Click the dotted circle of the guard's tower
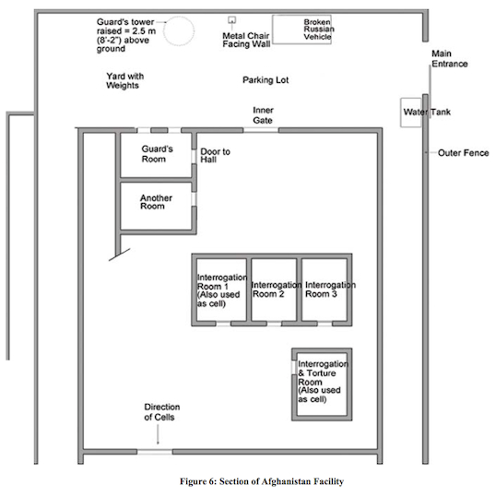[164, 31]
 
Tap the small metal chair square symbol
[232, 20]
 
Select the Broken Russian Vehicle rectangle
[273, 30]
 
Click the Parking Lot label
[266, 80]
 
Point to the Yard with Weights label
[124, 81]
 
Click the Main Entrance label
[449, 59]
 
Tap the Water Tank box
[401, 112]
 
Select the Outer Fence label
[463, 153]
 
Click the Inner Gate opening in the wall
[261, 130]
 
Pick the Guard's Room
[156, 155]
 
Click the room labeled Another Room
[156, 206]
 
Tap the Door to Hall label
[215, 155]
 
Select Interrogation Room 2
[274, 290]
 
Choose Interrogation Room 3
[325, 290]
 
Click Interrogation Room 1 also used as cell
[221, 290]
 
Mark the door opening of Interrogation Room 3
[325, 324]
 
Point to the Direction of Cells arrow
[158, 434]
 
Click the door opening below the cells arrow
[155, 452]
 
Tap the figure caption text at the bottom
[262, 481]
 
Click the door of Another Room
[194, 199]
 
